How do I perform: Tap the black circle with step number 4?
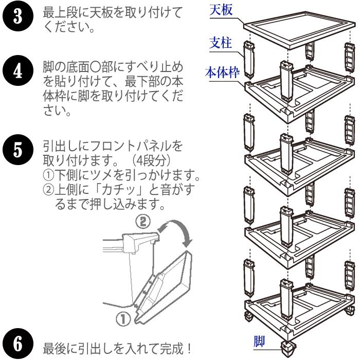pyautogui.click(x=16, y=71)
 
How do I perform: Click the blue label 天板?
pyautogui.click(x=222, y=10)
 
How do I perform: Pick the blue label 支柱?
pyautogui.click(x=222, y=43)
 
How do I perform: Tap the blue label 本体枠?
pyautogui.click(x=222, y=73)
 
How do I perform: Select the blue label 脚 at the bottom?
pyautogui.click(x=260, y=341)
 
